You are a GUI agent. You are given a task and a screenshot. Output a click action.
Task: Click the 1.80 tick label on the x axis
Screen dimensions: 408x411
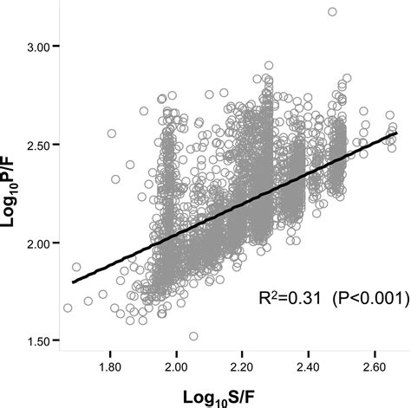click(x=111, y=368)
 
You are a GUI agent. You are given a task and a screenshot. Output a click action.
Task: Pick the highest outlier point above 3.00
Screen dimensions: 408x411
click(x=332, y=12)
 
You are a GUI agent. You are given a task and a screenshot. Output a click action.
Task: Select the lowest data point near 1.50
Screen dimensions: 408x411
click(x=193, y=336)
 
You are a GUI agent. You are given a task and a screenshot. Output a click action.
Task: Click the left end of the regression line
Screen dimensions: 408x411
click(x=73, y=282)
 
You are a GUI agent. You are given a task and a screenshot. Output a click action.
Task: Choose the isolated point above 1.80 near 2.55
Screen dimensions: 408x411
click(x=111, y=134)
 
